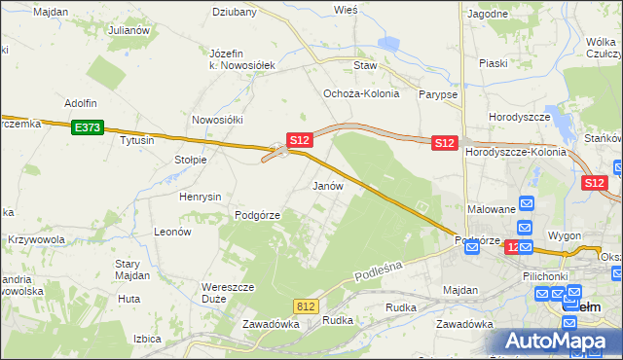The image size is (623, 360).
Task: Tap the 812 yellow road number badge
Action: (x=307, y=306)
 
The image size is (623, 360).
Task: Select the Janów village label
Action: (x=327, y=185)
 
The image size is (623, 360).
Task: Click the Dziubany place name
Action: (x=235, y=13)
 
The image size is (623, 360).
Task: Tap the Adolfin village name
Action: (x=81, y=102)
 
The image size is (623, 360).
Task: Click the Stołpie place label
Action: (x=191, y=160)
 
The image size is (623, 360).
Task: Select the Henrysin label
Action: (x=201, y=197)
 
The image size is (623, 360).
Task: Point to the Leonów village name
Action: (x=172, y=233)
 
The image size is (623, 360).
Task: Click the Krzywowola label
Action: (x=36, y=239)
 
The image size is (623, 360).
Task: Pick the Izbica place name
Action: (x=146, y=339)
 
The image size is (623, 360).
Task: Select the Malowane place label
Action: (x=491, y=209)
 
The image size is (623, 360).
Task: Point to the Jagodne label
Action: (x=488, y=14)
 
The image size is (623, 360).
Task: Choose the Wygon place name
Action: (x=565, y=236)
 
